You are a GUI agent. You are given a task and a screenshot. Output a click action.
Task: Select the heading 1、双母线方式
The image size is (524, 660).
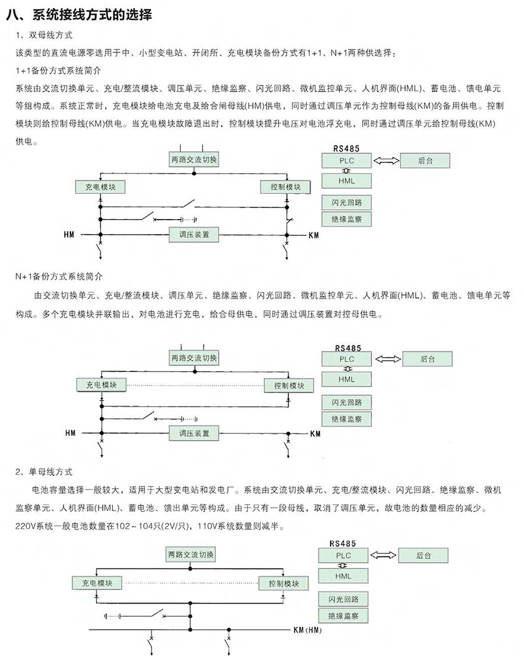44,36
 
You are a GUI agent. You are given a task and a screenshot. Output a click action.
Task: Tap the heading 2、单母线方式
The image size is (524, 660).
44,472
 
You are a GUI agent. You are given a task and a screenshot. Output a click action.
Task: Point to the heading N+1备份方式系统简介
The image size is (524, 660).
59,277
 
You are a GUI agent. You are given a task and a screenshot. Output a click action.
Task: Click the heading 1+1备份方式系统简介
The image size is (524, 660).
58,70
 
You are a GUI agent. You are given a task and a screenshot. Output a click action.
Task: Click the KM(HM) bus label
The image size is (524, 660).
307,630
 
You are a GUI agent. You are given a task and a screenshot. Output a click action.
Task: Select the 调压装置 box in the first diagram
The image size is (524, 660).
194,234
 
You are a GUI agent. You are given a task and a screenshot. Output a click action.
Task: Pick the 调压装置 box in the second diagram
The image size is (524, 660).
194,433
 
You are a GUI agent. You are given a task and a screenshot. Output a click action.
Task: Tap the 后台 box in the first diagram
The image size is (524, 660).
425,161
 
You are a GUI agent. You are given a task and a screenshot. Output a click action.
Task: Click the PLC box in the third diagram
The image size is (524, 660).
343,556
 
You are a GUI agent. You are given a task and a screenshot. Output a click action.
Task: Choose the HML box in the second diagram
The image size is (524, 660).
346,379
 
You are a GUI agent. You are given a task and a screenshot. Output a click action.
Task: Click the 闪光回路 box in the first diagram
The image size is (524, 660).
346,203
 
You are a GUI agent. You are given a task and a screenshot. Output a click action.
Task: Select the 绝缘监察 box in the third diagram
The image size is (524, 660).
343,616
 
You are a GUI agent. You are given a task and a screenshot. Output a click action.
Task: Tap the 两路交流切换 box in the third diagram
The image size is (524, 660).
190,555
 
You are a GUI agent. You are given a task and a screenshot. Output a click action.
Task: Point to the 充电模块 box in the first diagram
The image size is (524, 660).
100,187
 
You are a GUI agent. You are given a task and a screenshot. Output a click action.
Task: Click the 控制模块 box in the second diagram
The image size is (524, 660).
289,386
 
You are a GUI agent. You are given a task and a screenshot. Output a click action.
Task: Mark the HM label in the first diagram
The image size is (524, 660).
69,234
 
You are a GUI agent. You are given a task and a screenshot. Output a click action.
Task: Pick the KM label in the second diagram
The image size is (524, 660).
316,433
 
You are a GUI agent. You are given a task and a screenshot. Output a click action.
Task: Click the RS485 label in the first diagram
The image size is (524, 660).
346,149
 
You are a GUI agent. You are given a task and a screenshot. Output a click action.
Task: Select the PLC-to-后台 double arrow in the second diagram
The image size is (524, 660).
388,359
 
